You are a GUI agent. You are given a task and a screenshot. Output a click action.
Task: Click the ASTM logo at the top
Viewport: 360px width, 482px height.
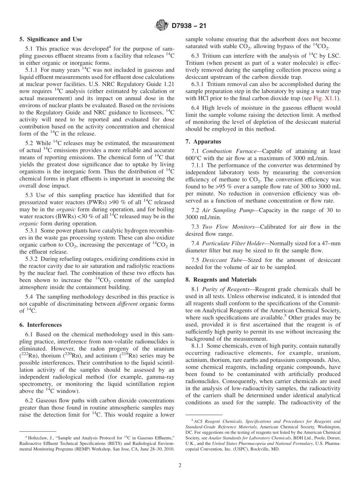point(162,26)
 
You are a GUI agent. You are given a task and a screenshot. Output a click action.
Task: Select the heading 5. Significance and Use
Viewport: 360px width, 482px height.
point(51,39)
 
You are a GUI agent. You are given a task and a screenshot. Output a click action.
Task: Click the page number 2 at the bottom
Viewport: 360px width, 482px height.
point(180,465)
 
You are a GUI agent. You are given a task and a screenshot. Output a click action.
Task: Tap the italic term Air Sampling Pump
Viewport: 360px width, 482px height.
point(225,210)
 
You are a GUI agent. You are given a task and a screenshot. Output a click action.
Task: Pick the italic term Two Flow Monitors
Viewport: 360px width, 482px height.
point(224,227)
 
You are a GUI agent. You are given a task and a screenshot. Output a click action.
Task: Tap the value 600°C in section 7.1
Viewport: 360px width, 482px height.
point(194,158)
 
